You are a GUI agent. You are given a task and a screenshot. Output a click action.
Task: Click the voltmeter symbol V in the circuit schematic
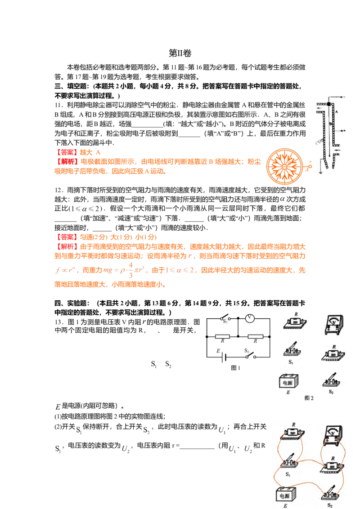[250, 318]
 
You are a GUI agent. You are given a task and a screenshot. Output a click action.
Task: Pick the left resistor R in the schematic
[223, 336]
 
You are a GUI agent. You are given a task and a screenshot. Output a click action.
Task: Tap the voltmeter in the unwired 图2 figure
[334, 325]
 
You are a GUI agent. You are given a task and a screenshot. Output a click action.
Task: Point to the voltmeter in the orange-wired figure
[334, 434]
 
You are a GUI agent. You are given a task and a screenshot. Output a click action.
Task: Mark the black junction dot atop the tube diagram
[329, 104]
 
